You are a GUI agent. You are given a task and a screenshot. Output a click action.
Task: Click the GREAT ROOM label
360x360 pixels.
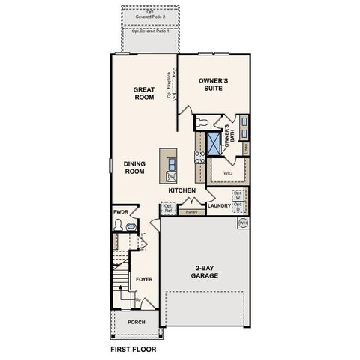click(x=144, y=94)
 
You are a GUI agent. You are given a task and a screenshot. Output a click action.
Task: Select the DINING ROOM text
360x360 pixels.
click(x=133, y=166)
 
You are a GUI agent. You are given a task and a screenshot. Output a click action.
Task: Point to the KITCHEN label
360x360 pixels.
click(x=181, y=191)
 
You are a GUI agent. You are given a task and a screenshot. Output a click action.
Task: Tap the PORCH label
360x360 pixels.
click(x=136, y=322)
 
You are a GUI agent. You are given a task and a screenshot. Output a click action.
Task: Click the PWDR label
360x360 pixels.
click(x=121, y=212)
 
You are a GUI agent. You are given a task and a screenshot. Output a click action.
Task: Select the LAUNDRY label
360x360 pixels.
click(x=218, y=206)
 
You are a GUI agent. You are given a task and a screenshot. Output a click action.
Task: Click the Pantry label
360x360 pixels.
click(x=191, y=212)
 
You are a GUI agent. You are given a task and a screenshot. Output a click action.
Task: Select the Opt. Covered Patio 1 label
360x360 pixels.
click(x=150, y=31)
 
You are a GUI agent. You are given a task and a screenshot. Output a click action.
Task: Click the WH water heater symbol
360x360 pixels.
click(x=243, y=223)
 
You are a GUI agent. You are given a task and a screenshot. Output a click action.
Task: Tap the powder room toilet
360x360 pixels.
click(x=130, y=224)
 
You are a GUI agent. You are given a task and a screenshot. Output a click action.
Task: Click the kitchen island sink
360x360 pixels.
click(x=171, y=163)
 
